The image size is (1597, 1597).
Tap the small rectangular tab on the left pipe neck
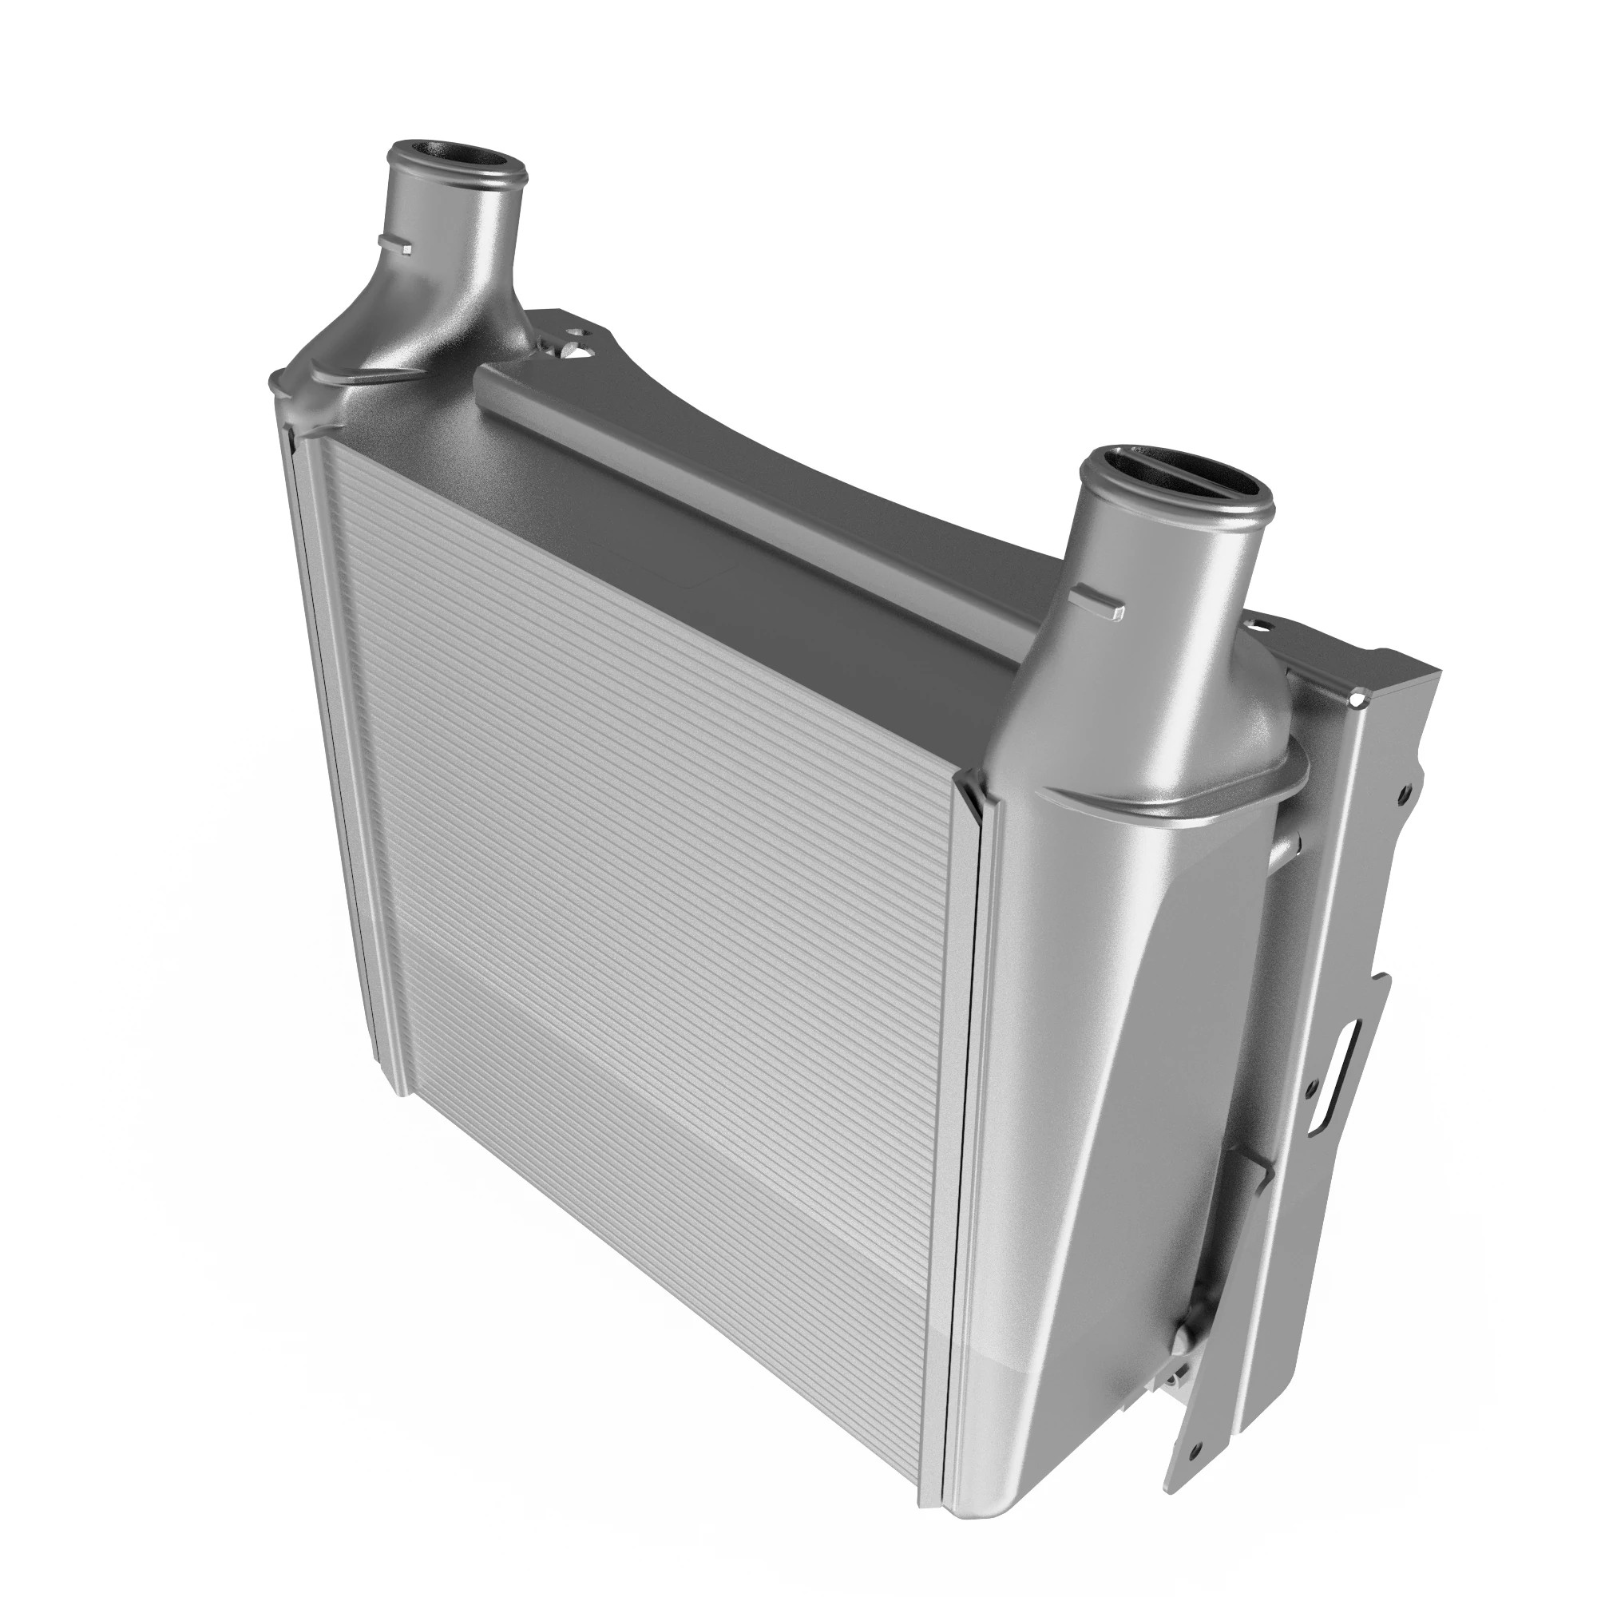pyautogui.click(x=395, y=243)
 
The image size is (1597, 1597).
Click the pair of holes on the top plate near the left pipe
pyautogui.click(x=579, y=343)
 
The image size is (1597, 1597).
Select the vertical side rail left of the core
pyautogui.click(x=347, y=744)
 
